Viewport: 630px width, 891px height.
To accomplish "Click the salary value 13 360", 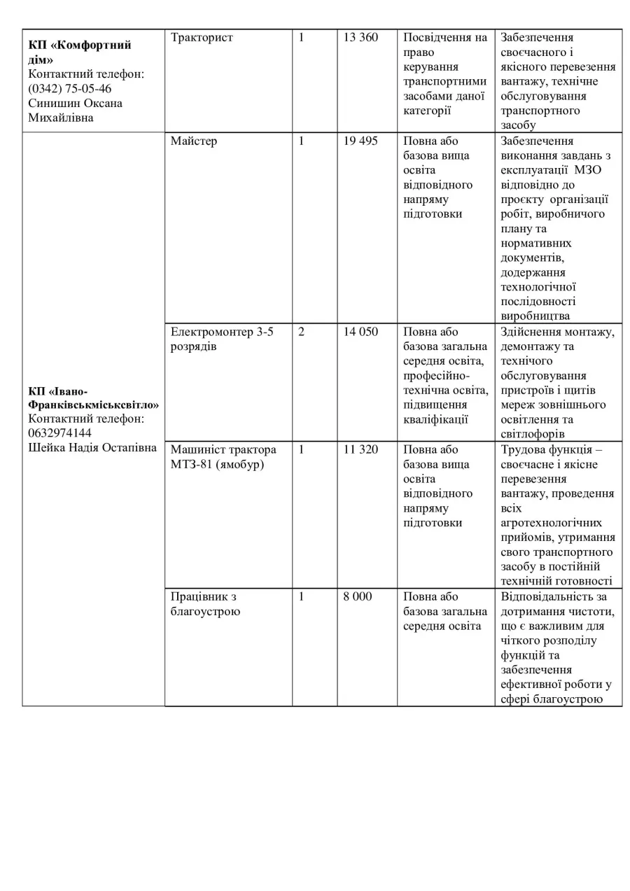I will (360, 38).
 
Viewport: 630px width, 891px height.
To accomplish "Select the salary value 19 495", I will (360, 141).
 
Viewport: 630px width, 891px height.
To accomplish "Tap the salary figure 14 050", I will (360, 332).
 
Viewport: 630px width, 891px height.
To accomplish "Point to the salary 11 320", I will (360, 450).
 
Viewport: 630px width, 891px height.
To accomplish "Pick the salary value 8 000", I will (358, 597).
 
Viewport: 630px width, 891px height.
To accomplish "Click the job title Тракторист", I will (202, 38).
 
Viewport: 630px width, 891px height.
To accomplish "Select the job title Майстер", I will (194, 141).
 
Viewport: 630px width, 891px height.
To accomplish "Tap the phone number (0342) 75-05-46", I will (70, 89).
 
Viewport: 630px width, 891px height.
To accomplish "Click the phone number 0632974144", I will (60, 433).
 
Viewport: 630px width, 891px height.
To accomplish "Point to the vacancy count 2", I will (302, 332).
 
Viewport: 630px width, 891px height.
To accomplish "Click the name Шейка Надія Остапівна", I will (92, 448).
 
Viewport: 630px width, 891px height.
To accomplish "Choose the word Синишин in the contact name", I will (54, 104).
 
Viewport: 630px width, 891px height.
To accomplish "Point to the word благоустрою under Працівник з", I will (205, 612).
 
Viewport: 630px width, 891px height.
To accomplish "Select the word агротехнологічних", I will (552, 524).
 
